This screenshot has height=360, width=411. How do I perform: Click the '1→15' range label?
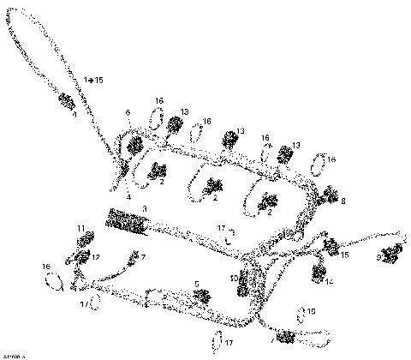pyautogui.click(x=93, y=80)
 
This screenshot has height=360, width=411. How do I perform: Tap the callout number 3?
pyautogui.click(x=145, y=208)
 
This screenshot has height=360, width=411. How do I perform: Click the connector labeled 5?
pyautogui.click(x=203, y=297)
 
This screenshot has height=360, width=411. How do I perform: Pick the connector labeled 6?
pyautogui.click(x=134, y=147)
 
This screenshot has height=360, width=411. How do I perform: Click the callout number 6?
pyautogui.click(x=128, y=112)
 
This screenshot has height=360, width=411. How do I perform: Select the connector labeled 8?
pyautogui.click(x=328, y=199)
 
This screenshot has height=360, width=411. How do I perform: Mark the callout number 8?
pyautogui.click(x=343, y=202)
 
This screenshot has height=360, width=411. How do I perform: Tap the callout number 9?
pyautogui.click(x=378, y=256)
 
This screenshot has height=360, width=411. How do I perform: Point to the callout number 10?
pyautogui.click(x=233, y=279)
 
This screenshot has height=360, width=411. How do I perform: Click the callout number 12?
pyautogui.click(x=97, y=257)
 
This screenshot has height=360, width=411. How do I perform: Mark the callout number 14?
pyautogui.click(x=331, y=282)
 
